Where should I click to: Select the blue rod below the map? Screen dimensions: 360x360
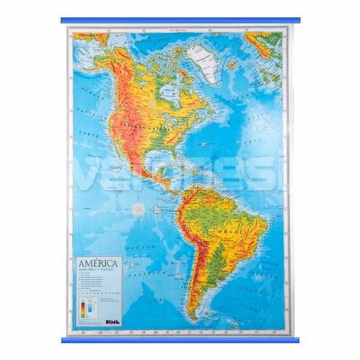pos(180,340)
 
